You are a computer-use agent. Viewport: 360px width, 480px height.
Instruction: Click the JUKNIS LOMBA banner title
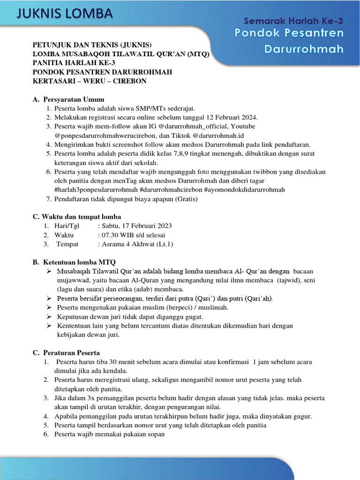[x=65, y=14]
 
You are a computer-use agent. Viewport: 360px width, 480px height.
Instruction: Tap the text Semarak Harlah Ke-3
[x=294, y=21]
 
